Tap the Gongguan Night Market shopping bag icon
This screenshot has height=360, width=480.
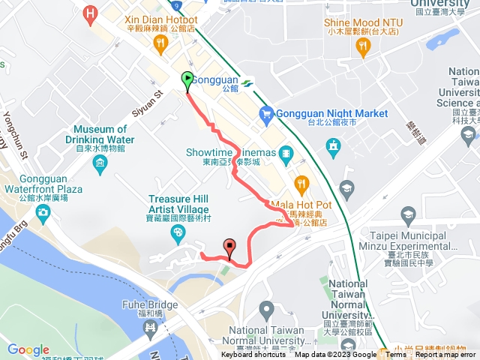(x=265, y=114)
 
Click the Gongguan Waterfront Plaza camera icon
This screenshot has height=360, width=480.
(x=42, y=213)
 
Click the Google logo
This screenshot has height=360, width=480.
(x=28, y=349)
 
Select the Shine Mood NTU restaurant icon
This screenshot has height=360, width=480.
(x=364, y=47)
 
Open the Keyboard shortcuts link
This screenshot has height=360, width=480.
(x=253, y=355)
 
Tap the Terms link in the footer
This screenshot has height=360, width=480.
(x=396, y=355)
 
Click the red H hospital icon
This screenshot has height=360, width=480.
(x=91, y=13)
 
